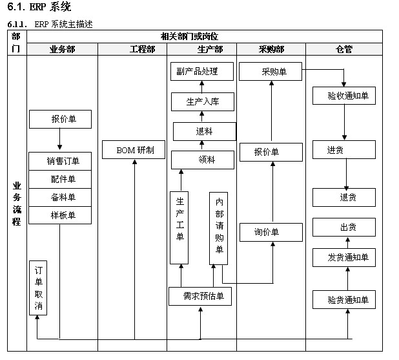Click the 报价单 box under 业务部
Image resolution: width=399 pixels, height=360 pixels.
(x=60, y=119)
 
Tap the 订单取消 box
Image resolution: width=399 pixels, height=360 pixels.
(x=38, y=288)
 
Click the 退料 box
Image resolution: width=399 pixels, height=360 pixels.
(x=204, y=131)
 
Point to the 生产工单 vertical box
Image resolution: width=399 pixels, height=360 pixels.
(x=179, y=228)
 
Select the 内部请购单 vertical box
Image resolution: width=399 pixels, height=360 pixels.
(x=219, y=228)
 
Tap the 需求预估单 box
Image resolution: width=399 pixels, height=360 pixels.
(x=200, y=297)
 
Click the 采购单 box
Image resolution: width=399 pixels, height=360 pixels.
(x=271, y=71)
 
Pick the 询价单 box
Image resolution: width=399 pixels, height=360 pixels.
(x=271, y=232)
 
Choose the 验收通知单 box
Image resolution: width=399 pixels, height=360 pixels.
(x=344, y=95)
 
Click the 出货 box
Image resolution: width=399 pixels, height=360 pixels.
(x=344, y=228)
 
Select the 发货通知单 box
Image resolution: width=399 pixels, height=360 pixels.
(x=344, y=257)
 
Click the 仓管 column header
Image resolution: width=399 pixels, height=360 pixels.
(x=343, y=49)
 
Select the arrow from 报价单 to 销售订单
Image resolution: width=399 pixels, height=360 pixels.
(x=59, y=140)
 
